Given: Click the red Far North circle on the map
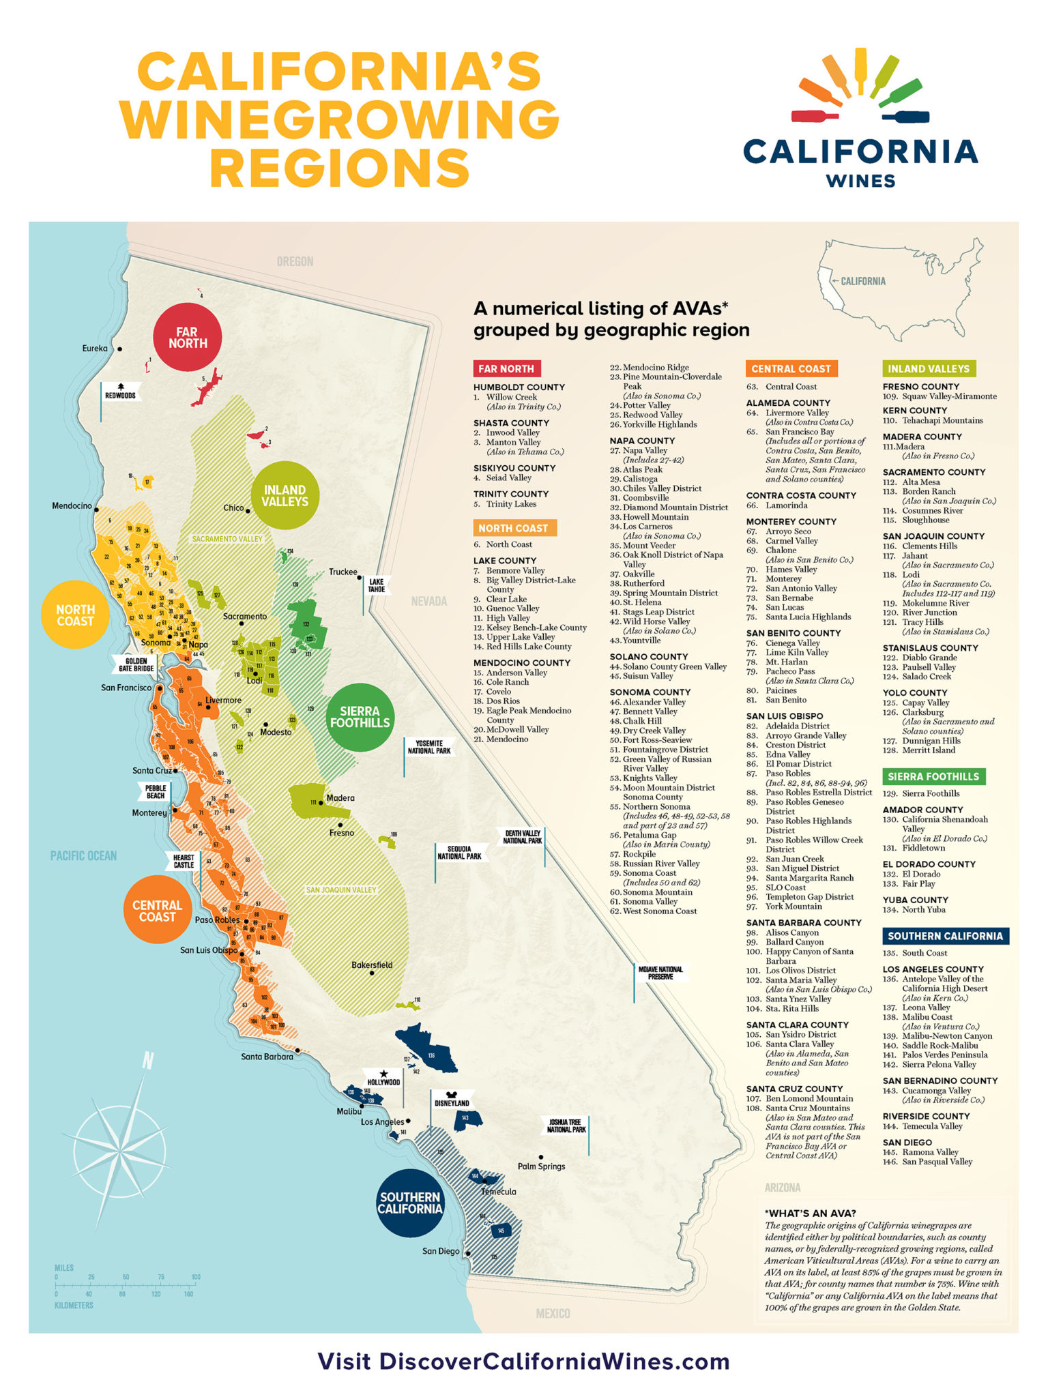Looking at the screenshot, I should click(187, 338).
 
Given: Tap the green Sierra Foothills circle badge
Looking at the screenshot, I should click(360, 717).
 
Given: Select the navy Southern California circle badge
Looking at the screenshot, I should click(410, 1203).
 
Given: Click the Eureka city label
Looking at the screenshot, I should click(95, 349).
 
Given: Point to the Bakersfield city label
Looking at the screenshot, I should click(372, 965).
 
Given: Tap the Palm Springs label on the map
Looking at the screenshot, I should click(541, 1166).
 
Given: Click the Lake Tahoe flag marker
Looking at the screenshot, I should click(376, 585).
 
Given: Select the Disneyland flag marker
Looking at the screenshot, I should click(452, 1102).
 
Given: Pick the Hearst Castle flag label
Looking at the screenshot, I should click(183, 861).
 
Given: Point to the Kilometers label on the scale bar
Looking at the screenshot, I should click(74, 1305).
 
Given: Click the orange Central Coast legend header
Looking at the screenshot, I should click(791, 368).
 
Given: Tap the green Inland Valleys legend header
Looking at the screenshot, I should click(928, 368).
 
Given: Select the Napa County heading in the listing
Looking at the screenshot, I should click(642, 441).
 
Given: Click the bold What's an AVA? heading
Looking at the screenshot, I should click(811, 1213).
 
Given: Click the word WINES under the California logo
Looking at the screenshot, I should click(860, 181).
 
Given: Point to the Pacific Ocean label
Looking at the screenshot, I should click(83, 855).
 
